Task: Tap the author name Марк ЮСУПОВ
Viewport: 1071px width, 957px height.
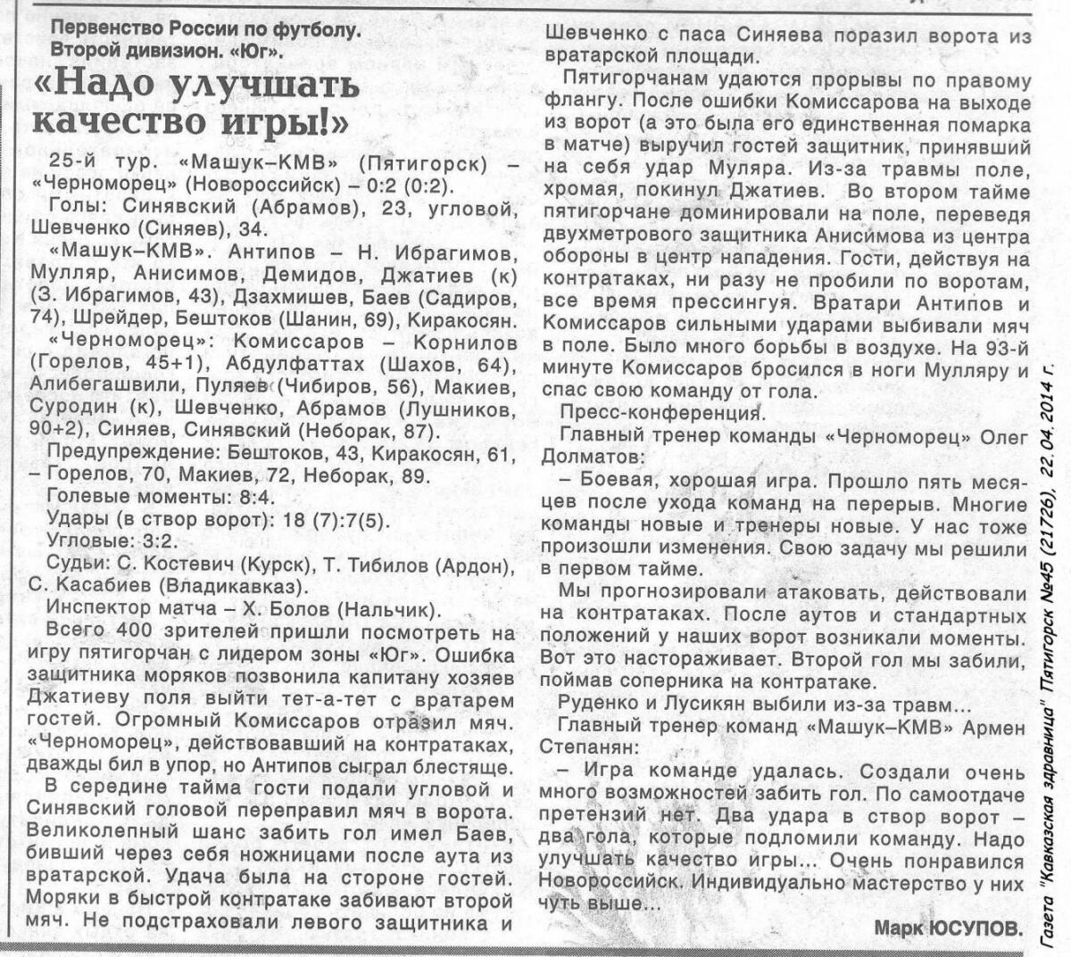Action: click(x=948, y=928)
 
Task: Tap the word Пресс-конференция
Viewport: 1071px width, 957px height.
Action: click(x=660, y=413)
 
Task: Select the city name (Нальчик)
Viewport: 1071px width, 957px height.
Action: click(x=394, y=610)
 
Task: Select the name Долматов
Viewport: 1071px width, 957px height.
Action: click(x=589, y=458)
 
